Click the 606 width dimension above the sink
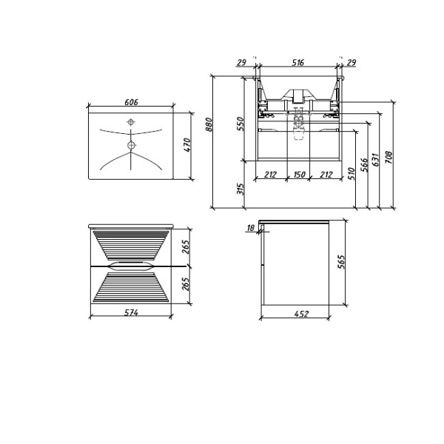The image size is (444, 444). (131, 103)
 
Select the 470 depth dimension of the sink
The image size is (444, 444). (187, 145)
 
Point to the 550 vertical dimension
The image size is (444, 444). (240, 124)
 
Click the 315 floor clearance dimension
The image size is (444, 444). (240, 189)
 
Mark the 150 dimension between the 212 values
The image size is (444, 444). (297, 175)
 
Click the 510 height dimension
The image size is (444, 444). (351, 174)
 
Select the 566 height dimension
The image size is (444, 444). (364, 165)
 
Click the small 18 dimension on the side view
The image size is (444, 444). (251, 229)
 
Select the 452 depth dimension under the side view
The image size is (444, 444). (302, 314)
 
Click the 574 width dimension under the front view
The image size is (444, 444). (131, 314)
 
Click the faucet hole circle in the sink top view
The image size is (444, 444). (131, 122)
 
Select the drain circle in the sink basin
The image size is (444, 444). (131, 145)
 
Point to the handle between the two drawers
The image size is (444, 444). (131, 264)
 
